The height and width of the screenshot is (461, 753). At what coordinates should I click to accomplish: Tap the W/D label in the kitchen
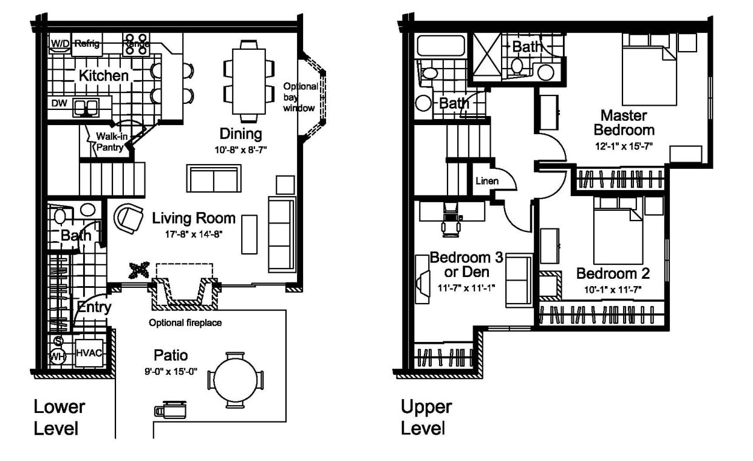pyautogui.click(x=60, y=43)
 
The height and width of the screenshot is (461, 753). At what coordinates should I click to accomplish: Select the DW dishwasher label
pyautogui.click(x=59, y=103)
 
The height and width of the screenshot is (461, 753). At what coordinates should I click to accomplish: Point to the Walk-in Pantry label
pyautogui.click(x=110, y=142)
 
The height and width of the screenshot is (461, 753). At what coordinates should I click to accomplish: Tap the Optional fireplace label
pyautogui.click(x=185, y=323)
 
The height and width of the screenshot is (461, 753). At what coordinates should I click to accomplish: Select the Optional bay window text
pyautogui.click(x=300, y=97)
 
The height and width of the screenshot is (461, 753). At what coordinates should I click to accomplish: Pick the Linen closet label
pyautogui.click(x=487, y=180)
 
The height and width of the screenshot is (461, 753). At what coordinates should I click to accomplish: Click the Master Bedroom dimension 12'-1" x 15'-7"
pyautogui.click(x=624, y=146)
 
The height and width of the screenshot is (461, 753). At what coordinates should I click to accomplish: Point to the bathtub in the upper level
pyautogui.click(x=441, y=47)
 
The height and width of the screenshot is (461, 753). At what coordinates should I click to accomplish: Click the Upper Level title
pyautogui.click(x=426, y=417)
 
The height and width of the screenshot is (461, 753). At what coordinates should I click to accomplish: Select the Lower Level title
pyautogui.click(x=59, y=417)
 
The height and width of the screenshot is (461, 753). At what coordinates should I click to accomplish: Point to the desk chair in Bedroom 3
pyautogui.click(x=450, y=219)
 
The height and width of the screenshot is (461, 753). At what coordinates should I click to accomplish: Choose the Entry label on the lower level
pyautogui.click(x=94, y=307)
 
